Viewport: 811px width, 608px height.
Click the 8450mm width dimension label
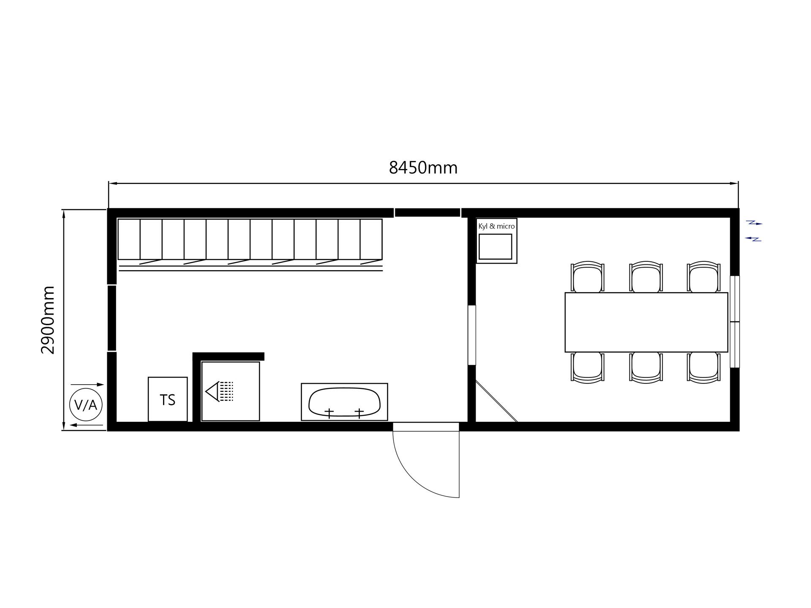[x=423, y=168]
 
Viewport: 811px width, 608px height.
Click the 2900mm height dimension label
[x=48, y=320]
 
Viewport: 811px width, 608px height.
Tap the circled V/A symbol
[x=86, y=405]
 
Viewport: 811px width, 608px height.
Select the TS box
[x=168, y=399]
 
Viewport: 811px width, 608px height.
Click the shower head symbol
[x=219, y=391]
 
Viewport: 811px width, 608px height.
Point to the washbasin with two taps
[x=344, y=402]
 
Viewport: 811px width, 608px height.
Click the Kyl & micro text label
[x=496, y=226]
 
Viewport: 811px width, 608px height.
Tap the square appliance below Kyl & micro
[x=496, y=247]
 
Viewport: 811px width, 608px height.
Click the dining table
[x=646, y=322]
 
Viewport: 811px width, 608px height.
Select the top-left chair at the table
[x=588, y=277]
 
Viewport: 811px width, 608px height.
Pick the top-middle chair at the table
[x=646, y=277]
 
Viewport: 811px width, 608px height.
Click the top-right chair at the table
[x=704, y=277]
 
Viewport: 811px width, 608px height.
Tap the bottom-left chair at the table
[x=588, y=368]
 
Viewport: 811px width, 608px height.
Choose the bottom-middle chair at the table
[x=646, y=368]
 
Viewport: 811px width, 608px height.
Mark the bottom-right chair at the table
[x=704, y=368]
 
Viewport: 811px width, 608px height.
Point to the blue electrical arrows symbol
[x=753, y=231]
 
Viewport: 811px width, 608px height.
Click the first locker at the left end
[x=129, y=239]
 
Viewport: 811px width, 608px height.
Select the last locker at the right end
[x=371, y=239]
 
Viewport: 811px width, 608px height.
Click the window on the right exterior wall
[x=735, y=322]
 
